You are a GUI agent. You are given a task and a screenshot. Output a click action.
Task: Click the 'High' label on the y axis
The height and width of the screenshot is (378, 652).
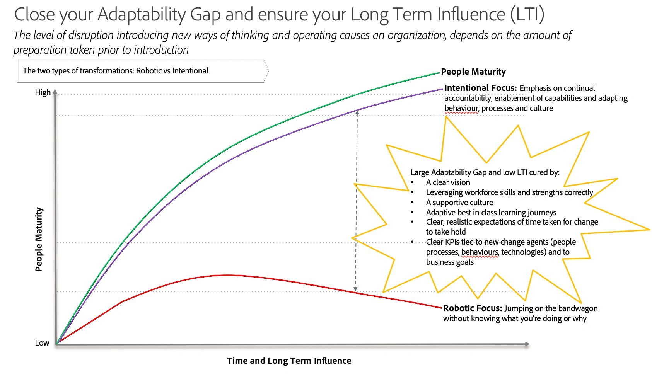click(43, 92)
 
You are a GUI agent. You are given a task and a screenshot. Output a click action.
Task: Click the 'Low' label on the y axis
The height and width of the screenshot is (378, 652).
click(42, 343)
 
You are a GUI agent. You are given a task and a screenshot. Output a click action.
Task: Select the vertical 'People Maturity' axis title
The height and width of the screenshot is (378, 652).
click(39, 240)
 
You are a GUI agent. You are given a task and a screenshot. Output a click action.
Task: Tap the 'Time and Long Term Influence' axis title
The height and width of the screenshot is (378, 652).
click(289, 361)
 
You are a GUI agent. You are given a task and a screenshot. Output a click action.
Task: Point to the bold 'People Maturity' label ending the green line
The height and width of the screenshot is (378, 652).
click(473, 72)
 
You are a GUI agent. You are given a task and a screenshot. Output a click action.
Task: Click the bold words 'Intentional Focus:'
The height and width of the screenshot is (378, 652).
click(480, 88)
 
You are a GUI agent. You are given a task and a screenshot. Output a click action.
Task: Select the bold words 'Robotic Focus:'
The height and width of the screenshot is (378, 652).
click(472, 308)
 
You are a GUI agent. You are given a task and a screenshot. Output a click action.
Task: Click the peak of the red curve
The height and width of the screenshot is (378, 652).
click(227, 275)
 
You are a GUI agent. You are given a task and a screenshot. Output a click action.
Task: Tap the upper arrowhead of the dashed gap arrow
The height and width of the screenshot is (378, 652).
click(357, 112)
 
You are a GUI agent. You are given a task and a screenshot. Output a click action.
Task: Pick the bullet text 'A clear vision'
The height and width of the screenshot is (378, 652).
click(448, 182)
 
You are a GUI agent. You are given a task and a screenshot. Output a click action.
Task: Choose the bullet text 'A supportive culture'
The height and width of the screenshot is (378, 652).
click(459, 203)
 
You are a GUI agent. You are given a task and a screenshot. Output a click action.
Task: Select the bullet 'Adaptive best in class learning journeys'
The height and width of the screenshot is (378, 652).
click(491, 213)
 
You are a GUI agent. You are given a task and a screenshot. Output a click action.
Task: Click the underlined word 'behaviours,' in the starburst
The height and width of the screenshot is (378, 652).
click(480, 252)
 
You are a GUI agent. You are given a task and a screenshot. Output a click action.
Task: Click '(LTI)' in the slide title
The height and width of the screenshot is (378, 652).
click(527, 14)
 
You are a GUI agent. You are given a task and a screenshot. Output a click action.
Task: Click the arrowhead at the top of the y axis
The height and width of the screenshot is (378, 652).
click(55, 92)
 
